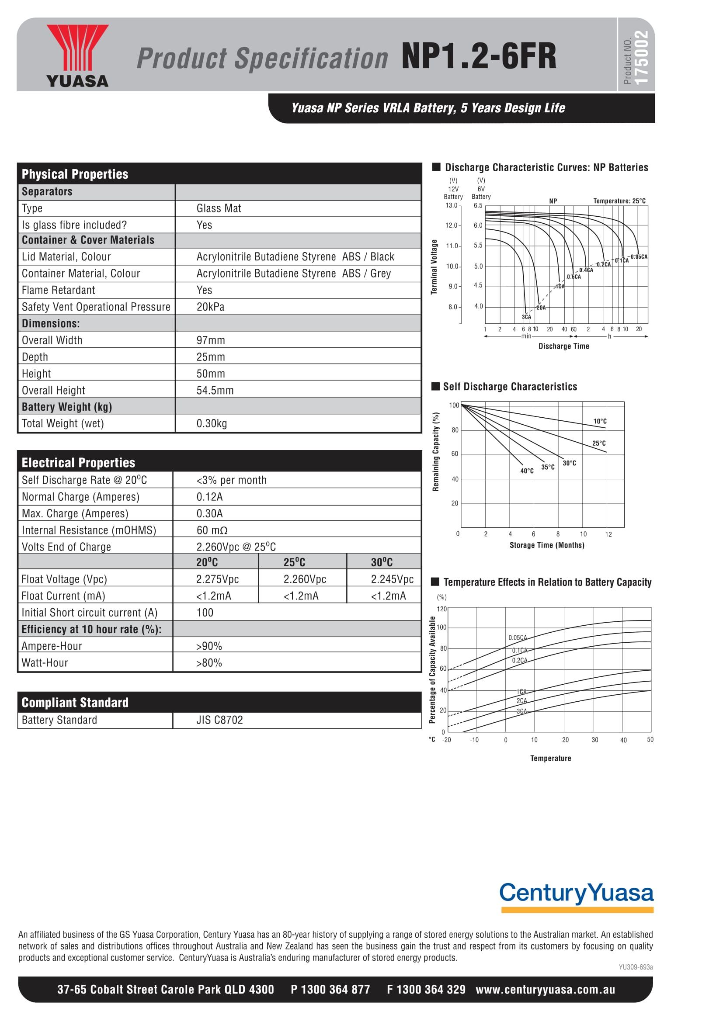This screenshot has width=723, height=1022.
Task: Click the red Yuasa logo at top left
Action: point(77,55)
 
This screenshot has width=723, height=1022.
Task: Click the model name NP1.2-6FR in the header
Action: point(479,56)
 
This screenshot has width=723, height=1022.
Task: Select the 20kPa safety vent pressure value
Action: point(211,307)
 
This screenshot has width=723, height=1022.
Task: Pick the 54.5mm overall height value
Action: point(215,391)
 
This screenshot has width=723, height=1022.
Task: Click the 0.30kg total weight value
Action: point(212,424)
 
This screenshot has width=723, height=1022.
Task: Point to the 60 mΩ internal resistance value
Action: point(212,530)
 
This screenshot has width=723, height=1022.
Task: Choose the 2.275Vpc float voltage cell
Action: point(217,579)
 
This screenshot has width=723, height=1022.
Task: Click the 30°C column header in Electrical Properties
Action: point(382,563)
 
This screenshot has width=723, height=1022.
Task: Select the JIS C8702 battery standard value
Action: point(219,720)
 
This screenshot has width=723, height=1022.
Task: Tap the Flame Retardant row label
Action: point(58,291)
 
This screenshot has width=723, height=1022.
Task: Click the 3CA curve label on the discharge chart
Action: point(526,317)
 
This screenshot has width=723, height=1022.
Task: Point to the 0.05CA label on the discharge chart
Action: point(639,257)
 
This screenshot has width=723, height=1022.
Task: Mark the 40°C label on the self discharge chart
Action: point(527,471)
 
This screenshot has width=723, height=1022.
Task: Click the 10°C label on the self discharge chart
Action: point(600,422)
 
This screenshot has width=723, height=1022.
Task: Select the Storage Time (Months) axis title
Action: point(547,545)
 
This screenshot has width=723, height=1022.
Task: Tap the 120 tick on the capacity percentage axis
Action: point(441,609)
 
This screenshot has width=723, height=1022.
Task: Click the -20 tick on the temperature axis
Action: point(447,740)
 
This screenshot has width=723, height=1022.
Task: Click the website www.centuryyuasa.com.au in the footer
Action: point(546,990)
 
